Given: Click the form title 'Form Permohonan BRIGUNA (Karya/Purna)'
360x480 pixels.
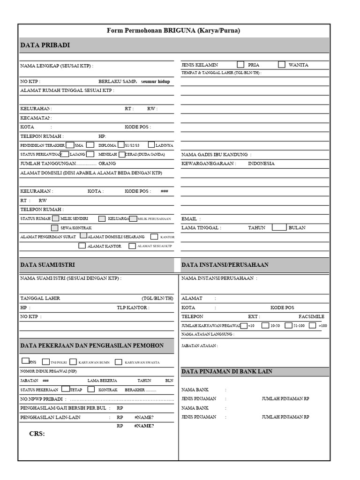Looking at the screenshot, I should [x=173, y=31].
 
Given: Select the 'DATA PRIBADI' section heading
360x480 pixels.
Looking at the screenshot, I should [x=45, y=45].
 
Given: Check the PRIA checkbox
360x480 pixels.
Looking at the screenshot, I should [x=240, y=65].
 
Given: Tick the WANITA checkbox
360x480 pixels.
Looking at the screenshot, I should [x=282, y=65].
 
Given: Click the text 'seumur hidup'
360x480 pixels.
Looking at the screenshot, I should [x=155, y=82].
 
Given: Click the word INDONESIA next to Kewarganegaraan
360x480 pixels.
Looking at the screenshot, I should [x=261, y=164].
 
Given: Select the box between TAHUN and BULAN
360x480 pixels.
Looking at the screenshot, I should [x=279, y=227].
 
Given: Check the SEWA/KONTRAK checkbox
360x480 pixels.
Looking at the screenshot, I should [x=55, y=228].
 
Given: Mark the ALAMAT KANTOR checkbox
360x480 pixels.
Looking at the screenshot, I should [x=82, y=246].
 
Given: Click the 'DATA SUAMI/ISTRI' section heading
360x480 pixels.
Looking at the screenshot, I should [x=47, y=265].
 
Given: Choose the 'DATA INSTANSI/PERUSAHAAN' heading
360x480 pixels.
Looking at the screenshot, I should [x=225, y=265].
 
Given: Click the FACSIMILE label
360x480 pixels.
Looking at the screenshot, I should [x=311, y=316].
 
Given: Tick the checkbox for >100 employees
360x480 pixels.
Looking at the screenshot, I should [x=313, y=325].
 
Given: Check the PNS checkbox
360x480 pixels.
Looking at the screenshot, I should [x=25, y=360].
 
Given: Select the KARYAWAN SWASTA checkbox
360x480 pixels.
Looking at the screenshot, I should [x=119, y=362].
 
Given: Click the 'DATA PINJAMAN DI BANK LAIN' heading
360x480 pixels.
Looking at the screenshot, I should [x=227, y=371].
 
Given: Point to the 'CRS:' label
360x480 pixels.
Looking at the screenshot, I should [x=37, y=434].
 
